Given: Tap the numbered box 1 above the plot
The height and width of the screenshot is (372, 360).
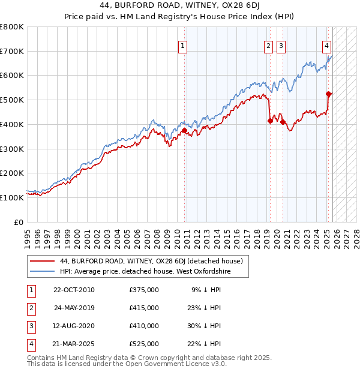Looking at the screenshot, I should coord(182,44).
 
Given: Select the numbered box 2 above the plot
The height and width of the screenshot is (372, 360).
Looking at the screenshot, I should coord(268,44).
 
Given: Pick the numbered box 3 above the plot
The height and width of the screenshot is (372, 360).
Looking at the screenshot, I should coord(281,44).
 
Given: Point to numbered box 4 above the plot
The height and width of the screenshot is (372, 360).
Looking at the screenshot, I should coord(326,44).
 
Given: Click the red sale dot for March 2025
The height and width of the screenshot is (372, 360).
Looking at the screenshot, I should coord(328,94).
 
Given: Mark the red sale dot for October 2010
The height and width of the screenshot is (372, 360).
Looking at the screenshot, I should coord(184,130).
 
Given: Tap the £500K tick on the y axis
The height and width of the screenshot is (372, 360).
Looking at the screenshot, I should coord(12,100).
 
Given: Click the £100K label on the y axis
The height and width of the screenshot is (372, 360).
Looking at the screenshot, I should coord(12,197).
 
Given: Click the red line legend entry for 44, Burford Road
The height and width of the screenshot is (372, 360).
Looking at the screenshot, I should coord(151,261).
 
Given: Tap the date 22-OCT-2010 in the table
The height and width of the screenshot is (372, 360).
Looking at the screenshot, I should coord(74,290).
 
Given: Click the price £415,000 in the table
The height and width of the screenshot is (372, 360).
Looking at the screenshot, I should coord(143,308).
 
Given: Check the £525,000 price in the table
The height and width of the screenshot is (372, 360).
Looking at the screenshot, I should coord(143,344).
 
